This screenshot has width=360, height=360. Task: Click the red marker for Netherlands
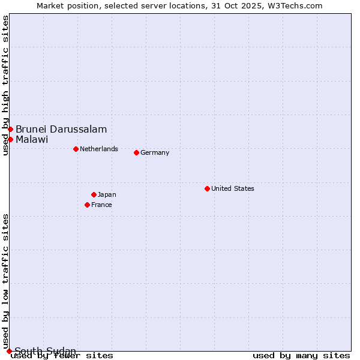76,149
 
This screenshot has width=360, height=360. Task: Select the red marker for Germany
136,152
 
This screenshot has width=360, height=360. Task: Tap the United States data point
207,188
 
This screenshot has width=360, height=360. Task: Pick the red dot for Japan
94,194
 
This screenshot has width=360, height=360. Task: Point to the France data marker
87,205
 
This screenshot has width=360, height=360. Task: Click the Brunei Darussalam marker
10,129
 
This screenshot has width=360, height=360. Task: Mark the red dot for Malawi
10,139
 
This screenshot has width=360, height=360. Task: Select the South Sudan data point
9,351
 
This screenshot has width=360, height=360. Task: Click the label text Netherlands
99,149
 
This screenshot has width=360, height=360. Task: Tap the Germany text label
155,152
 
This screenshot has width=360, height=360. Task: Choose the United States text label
233,188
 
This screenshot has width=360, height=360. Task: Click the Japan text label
107,194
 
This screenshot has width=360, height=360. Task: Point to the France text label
101,205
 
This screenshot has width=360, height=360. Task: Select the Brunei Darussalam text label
61,129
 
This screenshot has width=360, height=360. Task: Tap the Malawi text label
32,139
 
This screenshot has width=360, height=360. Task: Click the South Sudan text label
46,351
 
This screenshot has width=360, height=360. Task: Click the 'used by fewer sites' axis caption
62,355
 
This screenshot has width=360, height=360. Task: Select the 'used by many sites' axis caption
301,355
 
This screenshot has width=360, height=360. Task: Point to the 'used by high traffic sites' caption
5,85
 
